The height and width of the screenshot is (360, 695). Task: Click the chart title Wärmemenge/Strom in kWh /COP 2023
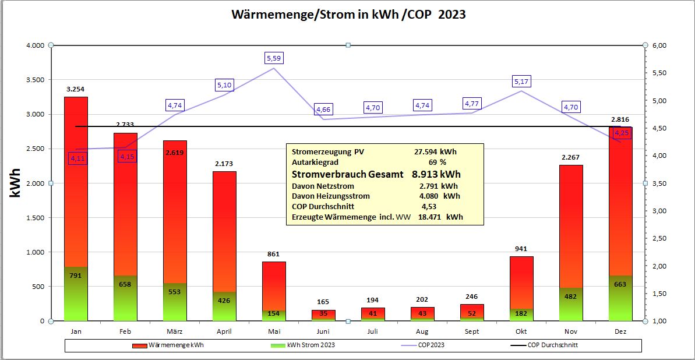tap(348, 15)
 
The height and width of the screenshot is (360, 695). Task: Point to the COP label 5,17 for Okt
tap(521, 82)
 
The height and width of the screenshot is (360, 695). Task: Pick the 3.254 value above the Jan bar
tap(76, 89)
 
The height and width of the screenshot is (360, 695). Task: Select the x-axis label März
tap(175, 331)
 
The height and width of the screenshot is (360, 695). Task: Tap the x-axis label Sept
tap(472, 331)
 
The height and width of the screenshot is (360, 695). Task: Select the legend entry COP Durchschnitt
tap(553, 345)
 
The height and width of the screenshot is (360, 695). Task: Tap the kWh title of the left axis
tap(16, 183)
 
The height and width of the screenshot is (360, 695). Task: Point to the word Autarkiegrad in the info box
tap(315, 162)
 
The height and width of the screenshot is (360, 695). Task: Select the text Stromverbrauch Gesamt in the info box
tap(348, 174)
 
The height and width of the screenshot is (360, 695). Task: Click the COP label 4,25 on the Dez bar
tap(622, 133)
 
